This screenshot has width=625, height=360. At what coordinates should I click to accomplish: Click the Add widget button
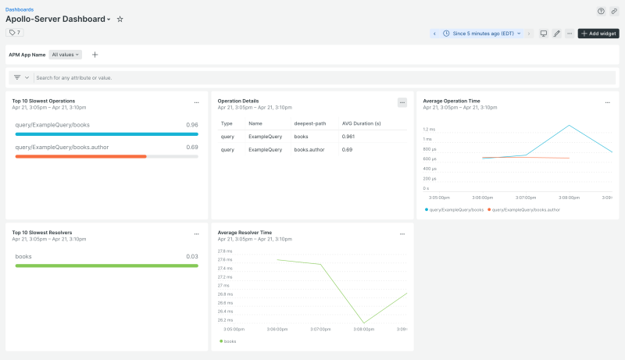598,34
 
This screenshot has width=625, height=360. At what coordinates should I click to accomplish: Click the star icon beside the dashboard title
120,19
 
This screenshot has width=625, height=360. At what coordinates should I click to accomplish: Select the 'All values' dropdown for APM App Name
66,55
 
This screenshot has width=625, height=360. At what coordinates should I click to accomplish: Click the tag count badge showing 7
15,33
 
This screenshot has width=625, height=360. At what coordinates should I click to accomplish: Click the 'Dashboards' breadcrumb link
20,9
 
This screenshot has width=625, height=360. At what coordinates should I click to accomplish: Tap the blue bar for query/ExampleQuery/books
106,134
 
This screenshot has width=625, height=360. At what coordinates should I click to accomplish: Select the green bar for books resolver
106,266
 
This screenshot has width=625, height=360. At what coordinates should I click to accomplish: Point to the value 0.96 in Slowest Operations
191,125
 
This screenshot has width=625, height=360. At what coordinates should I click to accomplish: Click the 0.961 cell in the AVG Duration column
349,136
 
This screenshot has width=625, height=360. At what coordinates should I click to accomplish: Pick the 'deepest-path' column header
309,123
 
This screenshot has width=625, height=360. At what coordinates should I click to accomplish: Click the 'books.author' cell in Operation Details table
309,149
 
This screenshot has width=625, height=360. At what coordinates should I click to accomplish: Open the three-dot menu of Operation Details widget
402,102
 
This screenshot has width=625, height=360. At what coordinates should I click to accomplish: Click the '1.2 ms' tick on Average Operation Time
429,130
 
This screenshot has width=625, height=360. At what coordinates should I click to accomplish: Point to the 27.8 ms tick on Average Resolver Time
224,251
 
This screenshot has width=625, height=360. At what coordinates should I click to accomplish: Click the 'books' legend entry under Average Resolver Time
229,341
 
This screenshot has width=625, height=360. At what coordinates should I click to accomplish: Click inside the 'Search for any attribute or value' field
156,78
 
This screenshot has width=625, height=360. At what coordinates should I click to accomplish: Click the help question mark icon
601,11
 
